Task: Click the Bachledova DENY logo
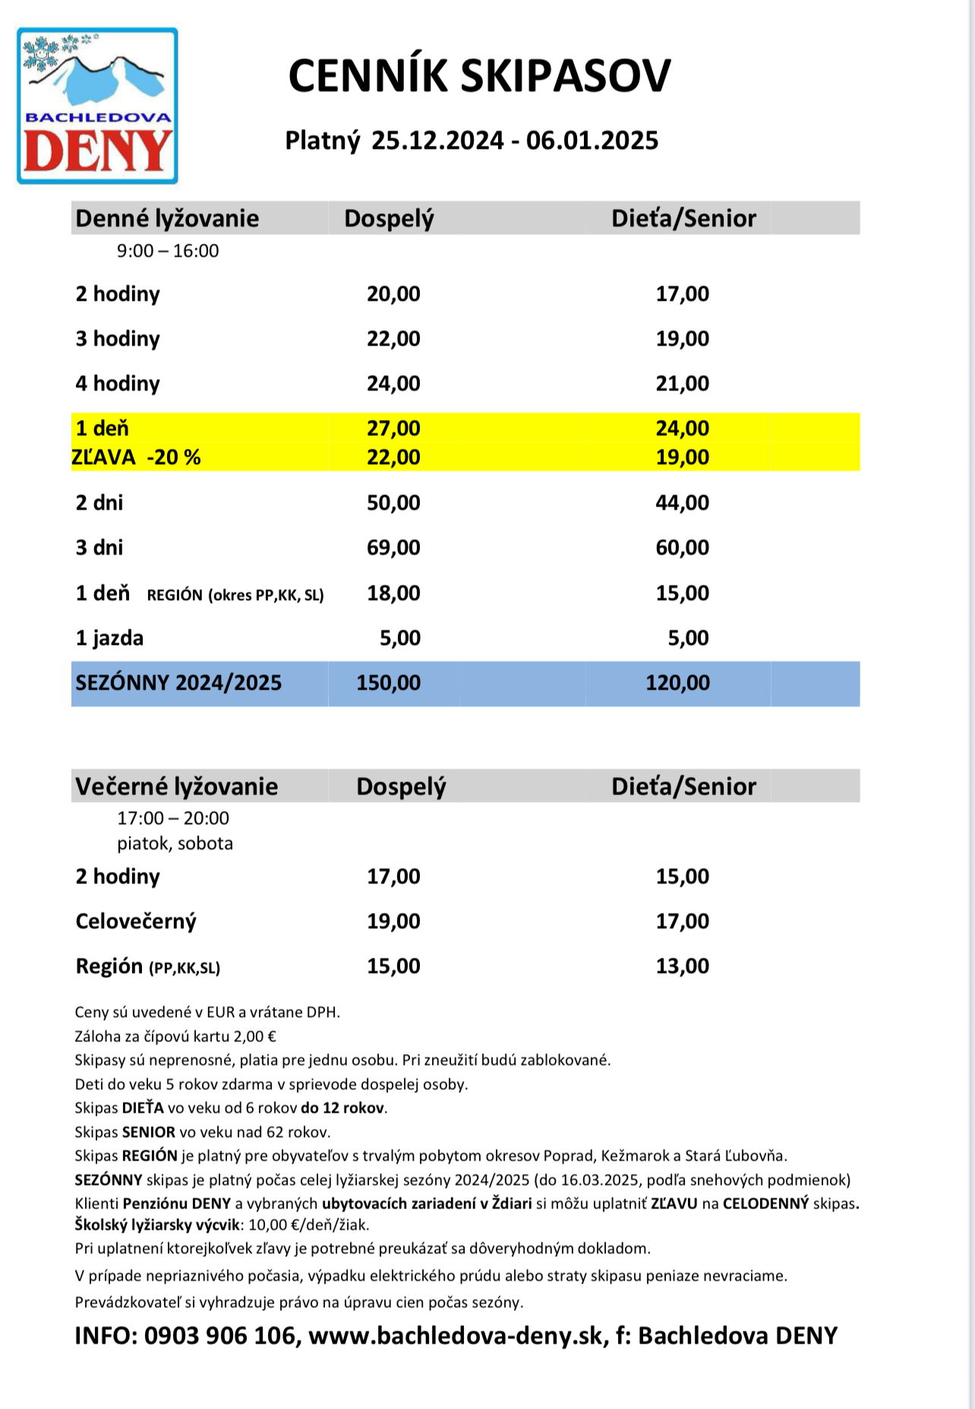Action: point(97,106)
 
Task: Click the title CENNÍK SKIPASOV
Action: point(479,76)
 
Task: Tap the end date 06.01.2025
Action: point(592,141)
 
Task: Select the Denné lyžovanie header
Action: point(167,219)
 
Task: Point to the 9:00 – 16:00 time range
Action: point(168,251)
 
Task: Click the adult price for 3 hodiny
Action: point(393,339)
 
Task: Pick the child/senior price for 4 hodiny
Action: point(682,384)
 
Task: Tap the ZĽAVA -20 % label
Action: point(137,457)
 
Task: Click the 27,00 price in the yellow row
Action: point(393,428)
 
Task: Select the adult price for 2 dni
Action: point(393,503)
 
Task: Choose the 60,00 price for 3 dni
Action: point(682,548)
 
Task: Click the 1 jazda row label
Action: point(109,638)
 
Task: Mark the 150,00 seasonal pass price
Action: point(388,683)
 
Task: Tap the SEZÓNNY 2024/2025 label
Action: point(178,683)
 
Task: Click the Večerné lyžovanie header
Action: point(176,786)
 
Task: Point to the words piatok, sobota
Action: point(175,843)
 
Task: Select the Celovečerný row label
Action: point(136,921)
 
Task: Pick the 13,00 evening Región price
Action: point(682,966)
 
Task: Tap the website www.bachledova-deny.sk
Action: point(456,1335)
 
